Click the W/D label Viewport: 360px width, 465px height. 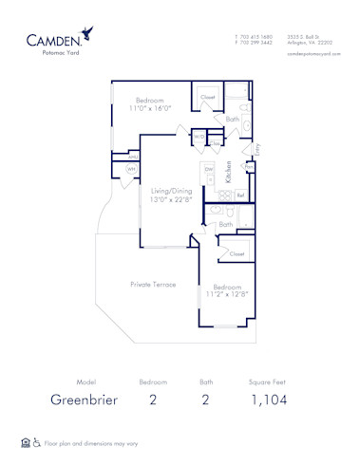pos(199,138)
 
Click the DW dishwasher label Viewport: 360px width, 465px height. pos(208,169)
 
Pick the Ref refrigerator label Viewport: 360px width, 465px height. pos(240,195)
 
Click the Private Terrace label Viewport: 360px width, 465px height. pos(152,284)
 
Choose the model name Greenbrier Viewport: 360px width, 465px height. pos(85,400)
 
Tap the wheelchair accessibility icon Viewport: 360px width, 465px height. pos(37,442)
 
